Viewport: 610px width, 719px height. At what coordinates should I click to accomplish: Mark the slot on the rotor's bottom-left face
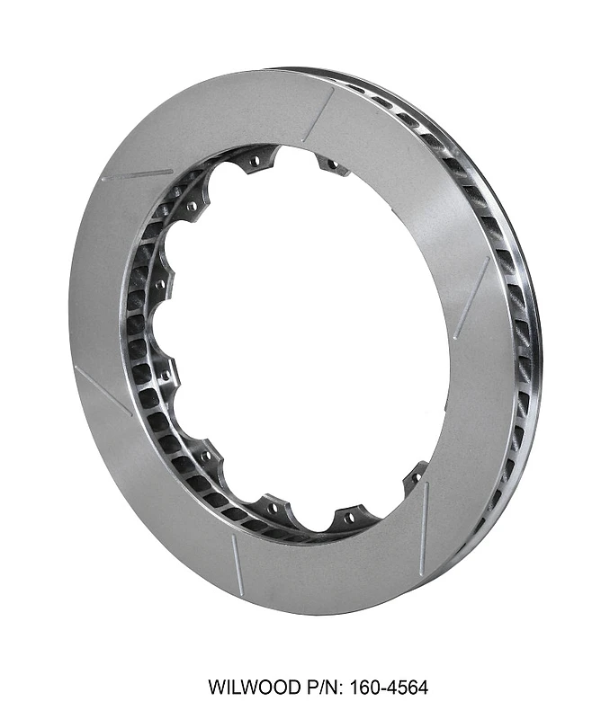pos(236,562)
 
